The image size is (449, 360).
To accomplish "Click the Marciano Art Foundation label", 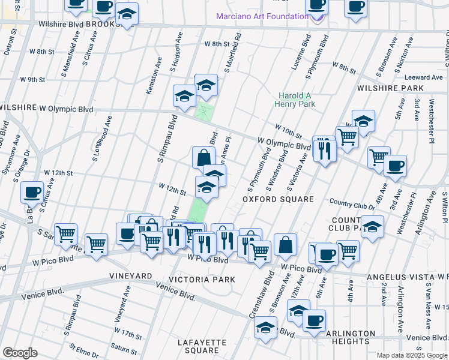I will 262,16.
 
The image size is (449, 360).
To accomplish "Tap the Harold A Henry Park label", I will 294,100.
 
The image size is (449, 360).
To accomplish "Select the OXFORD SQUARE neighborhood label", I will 278,199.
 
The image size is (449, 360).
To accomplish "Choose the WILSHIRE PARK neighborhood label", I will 390,88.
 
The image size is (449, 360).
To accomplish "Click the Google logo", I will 20,352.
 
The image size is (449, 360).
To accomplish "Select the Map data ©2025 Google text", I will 411,355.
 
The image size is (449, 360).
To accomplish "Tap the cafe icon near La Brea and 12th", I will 32,192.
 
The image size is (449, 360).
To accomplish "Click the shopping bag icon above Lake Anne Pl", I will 203,158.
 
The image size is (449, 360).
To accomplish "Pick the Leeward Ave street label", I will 423,77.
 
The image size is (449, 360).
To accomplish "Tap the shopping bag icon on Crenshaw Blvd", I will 286,244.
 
